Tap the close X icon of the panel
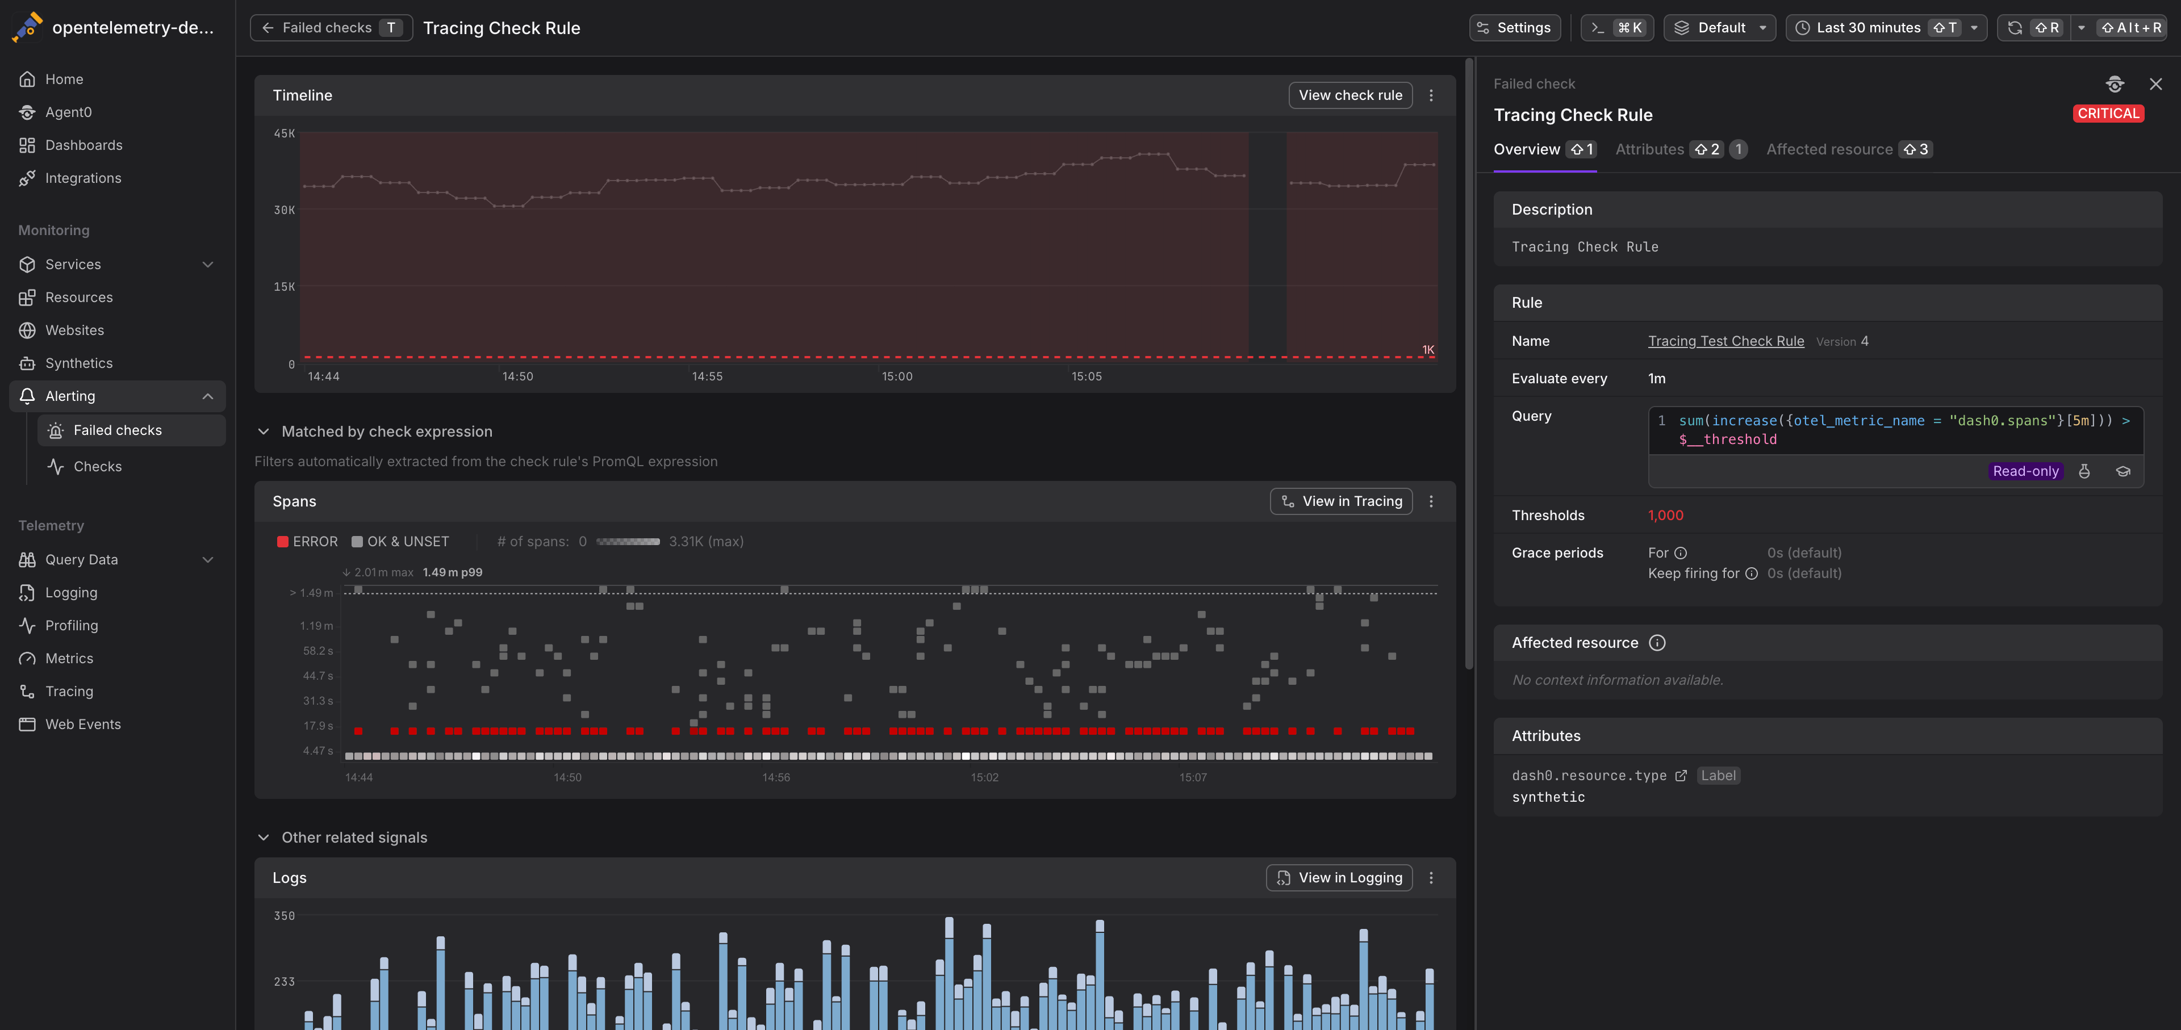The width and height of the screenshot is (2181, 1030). click(2155, 84)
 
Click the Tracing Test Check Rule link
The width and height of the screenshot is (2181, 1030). click(1725, 341)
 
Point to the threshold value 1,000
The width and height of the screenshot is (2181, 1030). click(1665, 516)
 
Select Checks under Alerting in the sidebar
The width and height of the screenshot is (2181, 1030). click(97, 466)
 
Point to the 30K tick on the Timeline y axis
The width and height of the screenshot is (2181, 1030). click(285, 210)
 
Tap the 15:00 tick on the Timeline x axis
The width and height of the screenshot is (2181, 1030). click(897, 376)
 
